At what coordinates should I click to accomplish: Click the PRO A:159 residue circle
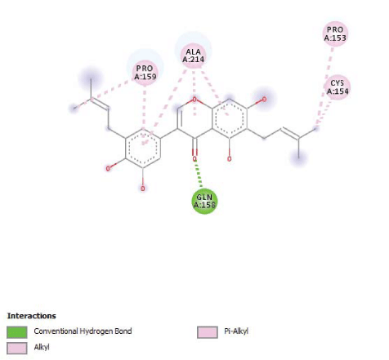click(145, 73)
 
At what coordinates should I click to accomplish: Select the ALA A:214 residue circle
click(193, 56)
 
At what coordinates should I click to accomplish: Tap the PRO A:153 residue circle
click(335, 33)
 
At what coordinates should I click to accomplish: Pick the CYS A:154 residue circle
click(338, 87)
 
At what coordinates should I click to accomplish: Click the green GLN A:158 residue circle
click(204, 201)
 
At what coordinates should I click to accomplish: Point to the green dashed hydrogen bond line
click(199, 174)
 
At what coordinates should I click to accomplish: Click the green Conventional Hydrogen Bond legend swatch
click(17, 332)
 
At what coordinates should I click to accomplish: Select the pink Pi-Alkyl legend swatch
click(208, 332)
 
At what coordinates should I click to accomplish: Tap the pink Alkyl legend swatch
click(17, 349)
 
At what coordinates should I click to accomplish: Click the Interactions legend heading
click(32, 316)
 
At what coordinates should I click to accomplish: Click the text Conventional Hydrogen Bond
click(83, 331)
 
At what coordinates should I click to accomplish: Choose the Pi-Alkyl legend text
click(236, 331)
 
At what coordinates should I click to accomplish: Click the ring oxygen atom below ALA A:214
click(194, 100)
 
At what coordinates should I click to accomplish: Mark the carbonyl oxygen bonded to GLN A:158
click(194, 158)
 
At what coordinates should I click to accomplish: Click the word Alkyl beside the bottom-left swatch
click(42, 347)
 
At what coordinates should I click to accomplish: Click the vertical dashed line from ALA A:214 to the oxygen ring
click(194, 93)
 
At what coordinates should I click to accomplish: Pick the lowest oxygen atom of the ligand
click(143, 189)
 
